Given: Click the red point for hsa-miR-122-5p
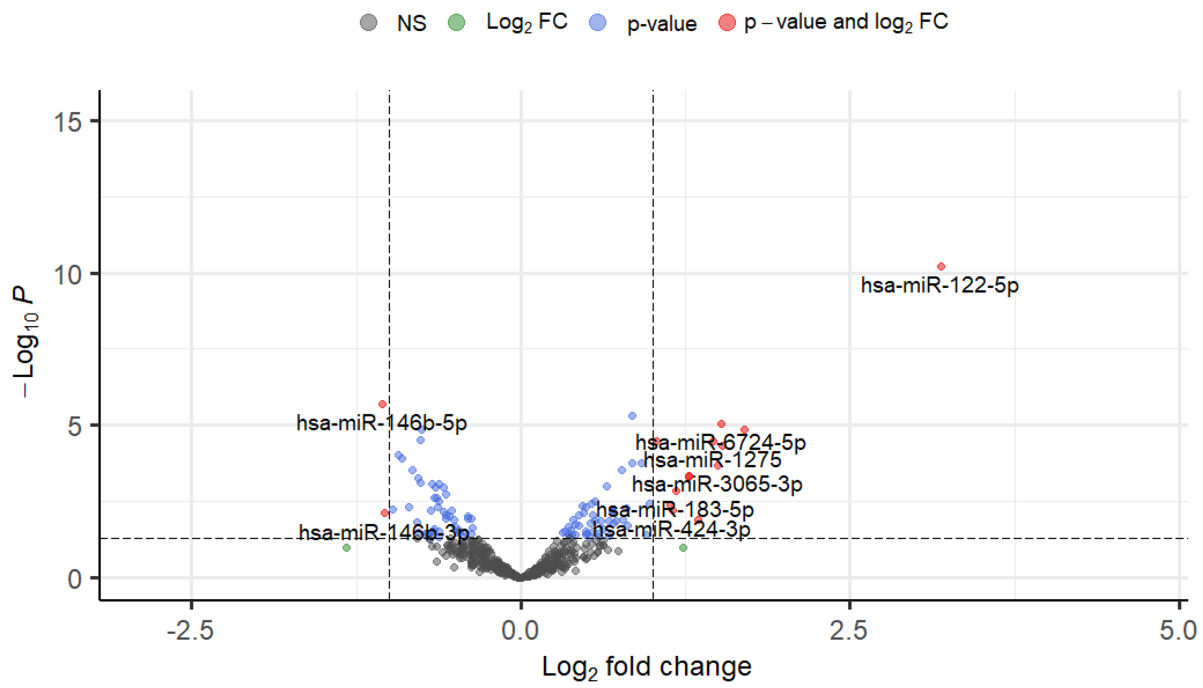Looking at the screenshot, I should pos(941,266).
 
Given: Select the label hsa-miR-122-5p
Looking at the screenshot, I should pos(939,285).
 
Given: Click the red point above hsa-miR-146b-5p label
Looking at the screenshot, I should pos(382,404).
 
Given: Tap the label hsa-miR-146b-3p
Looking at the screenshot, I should pos(383,532).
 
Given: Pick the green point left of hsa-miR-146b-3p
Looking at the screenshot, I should pos(347,548).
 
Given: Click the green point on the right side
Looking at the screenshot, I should pos(683,548).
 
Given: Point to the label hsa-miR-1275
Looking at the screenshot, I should pos(712,460).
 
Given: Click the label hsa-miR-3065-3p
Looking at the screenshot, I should pos(717,484).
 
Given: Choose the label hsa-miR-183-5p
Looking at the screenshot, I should pos(675,510).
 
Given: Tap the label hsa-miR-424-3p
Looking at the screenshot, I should pos(671,529).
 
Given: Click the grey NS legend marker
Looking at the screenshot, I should pos(369,22).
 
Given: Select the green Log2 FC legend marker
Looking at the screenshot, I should pos(456,22).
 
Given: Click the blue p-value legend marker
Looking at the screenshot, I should pos(598,22).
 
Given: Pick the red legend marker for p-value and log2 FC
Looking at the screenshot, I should pos(726,22).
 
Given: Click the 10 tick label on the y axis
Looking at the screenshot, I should pos(67,274).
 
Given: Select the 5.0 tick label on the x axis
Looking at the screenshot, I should pos(1177,631).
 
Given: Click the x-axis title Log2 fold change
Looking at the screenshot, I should pos(646,667).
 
